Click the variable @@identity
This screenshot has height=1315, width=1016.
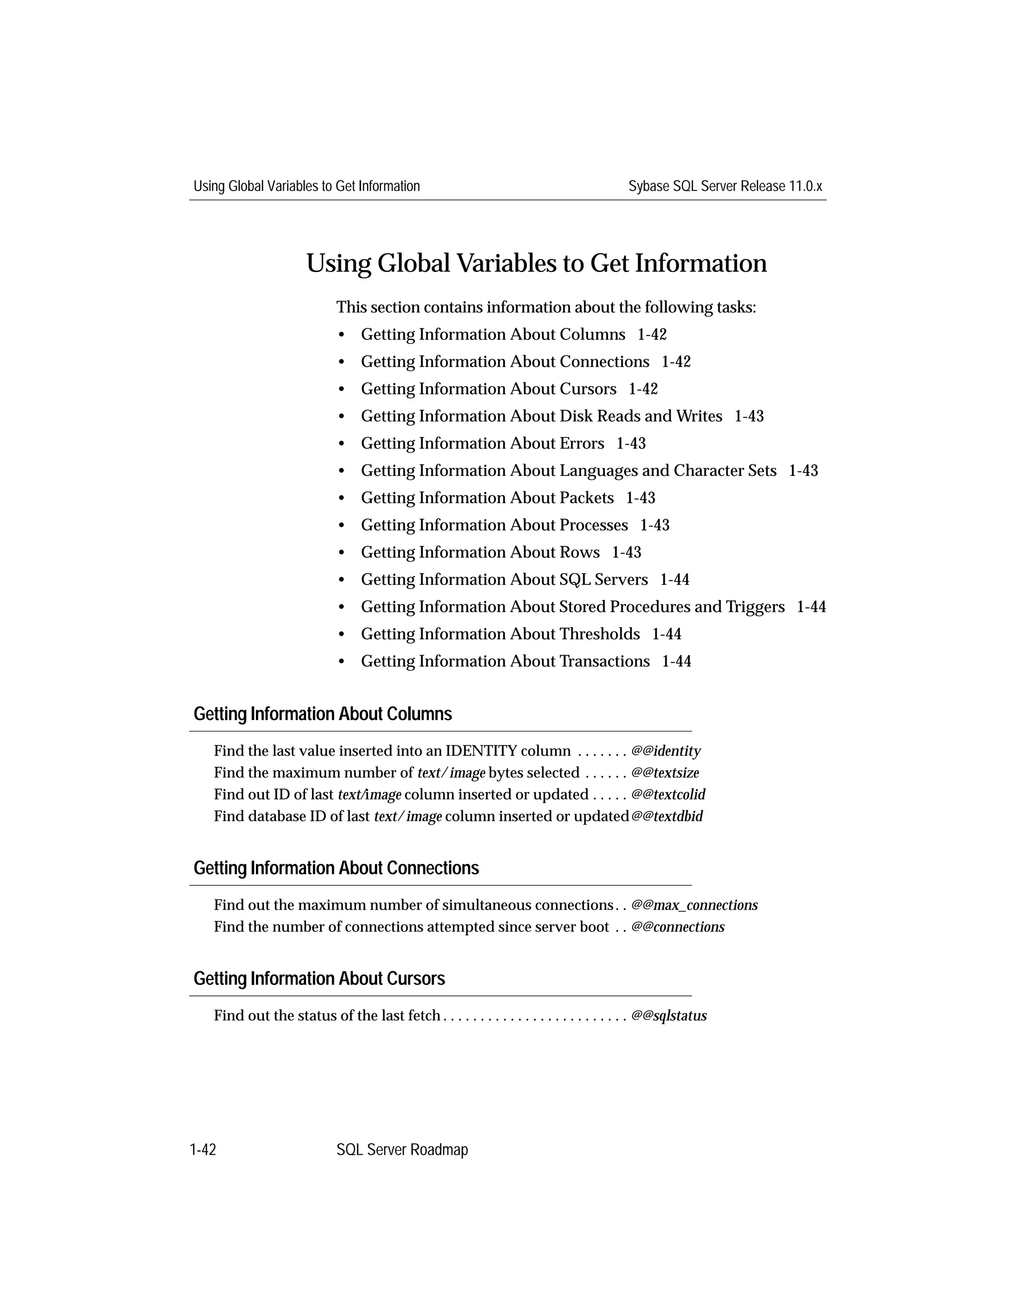(x=666, y=751)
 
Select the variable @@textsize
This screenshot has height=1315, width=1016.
(x=665, y=773)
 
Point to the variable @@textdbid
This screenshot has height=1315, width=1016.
(x=667, y=816)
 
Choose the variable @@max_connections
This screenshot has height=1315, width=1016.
(x=695, y=905)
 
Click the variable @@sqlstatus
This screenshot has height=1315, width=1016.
(x=669, y=1016)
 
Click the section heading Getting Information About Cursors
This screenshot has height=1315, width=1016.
(x=319, y=979)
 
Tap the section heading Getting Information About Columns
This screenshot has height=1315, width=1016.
(x=322, y=714)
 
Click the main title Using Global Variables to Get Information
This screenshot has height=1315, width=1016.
(x=536, y=263)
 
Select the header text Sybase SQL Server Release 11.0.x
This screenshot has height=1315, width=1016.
(x=725, y=186)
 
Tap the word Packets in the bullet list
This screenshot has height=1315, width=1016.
(x=586, y=498)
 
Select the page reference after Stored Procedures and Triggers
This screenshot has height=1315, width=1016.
(x=811, y=607)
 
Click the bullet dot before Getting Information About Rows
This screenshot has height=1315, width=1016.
(x=342, y=553)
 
